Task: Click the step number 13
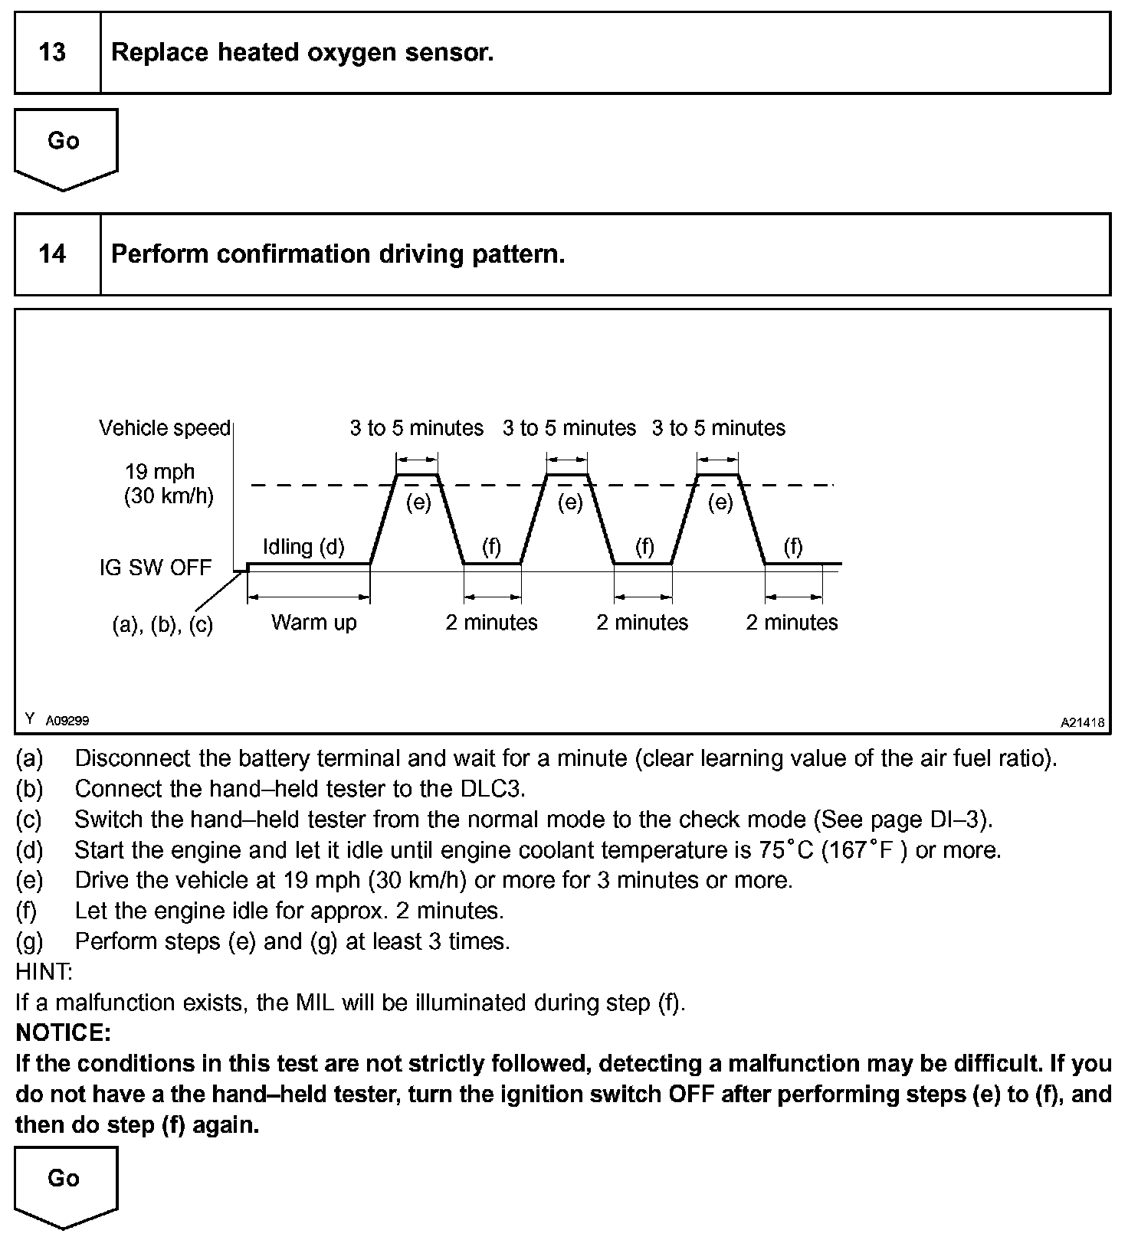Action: (x=52, y=52)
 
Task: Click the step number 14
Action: (x=52, y=254)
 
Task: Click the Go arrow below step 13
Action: (x=64, y=146)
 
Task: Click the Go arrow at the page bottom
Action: (x=64, y=1183)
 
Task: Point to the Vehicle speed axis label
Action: (x=165, y=427)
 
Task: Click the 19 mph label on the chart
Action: (x=160, y=472)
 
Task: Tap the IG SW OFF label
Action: (x=156, y=568)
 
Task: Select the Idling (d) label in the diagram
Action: (x=303, y=547)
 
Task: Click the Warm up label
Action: (x=314, y=622)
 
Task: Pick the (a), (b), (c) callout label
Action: (x=162, y=625)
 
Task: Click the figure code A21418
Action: (x=1082, y=722)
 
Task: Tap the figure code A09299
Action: (x=67, y=721)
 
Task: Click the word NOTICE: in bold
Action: (x=64, y=1032)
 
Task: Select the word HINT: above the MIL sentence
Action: (x=44, y=971)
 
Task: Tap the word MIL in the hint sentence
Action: (x=315, y=1002)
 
